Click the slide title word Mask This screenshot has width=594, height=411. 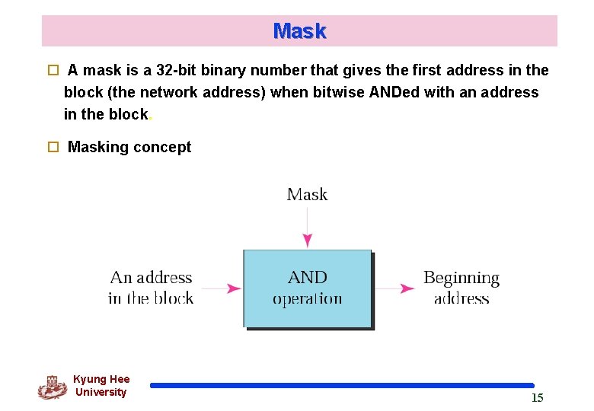click(x=299, y=31)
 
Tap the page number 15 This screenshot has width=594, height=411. click(x=537, y=397)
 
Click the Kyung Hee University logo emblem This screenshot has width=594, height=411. click(x=52, y=387)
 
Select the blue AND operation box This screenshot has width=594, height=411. click(x=308, y=288)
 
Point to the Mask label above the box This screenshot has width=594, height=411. click(x=307, y=194)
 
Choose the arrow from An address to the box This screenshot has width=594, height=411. click(x=222, y=288)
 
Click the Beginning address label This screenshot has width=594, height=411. click(x=461, y=288)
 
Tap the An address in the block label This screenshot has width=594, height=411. click(x=151, y=288)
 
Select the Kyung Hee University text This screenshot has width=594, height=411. click(x=101, y=386)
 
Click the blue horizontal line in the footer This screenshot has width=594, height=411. click(x=342, y=386)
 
